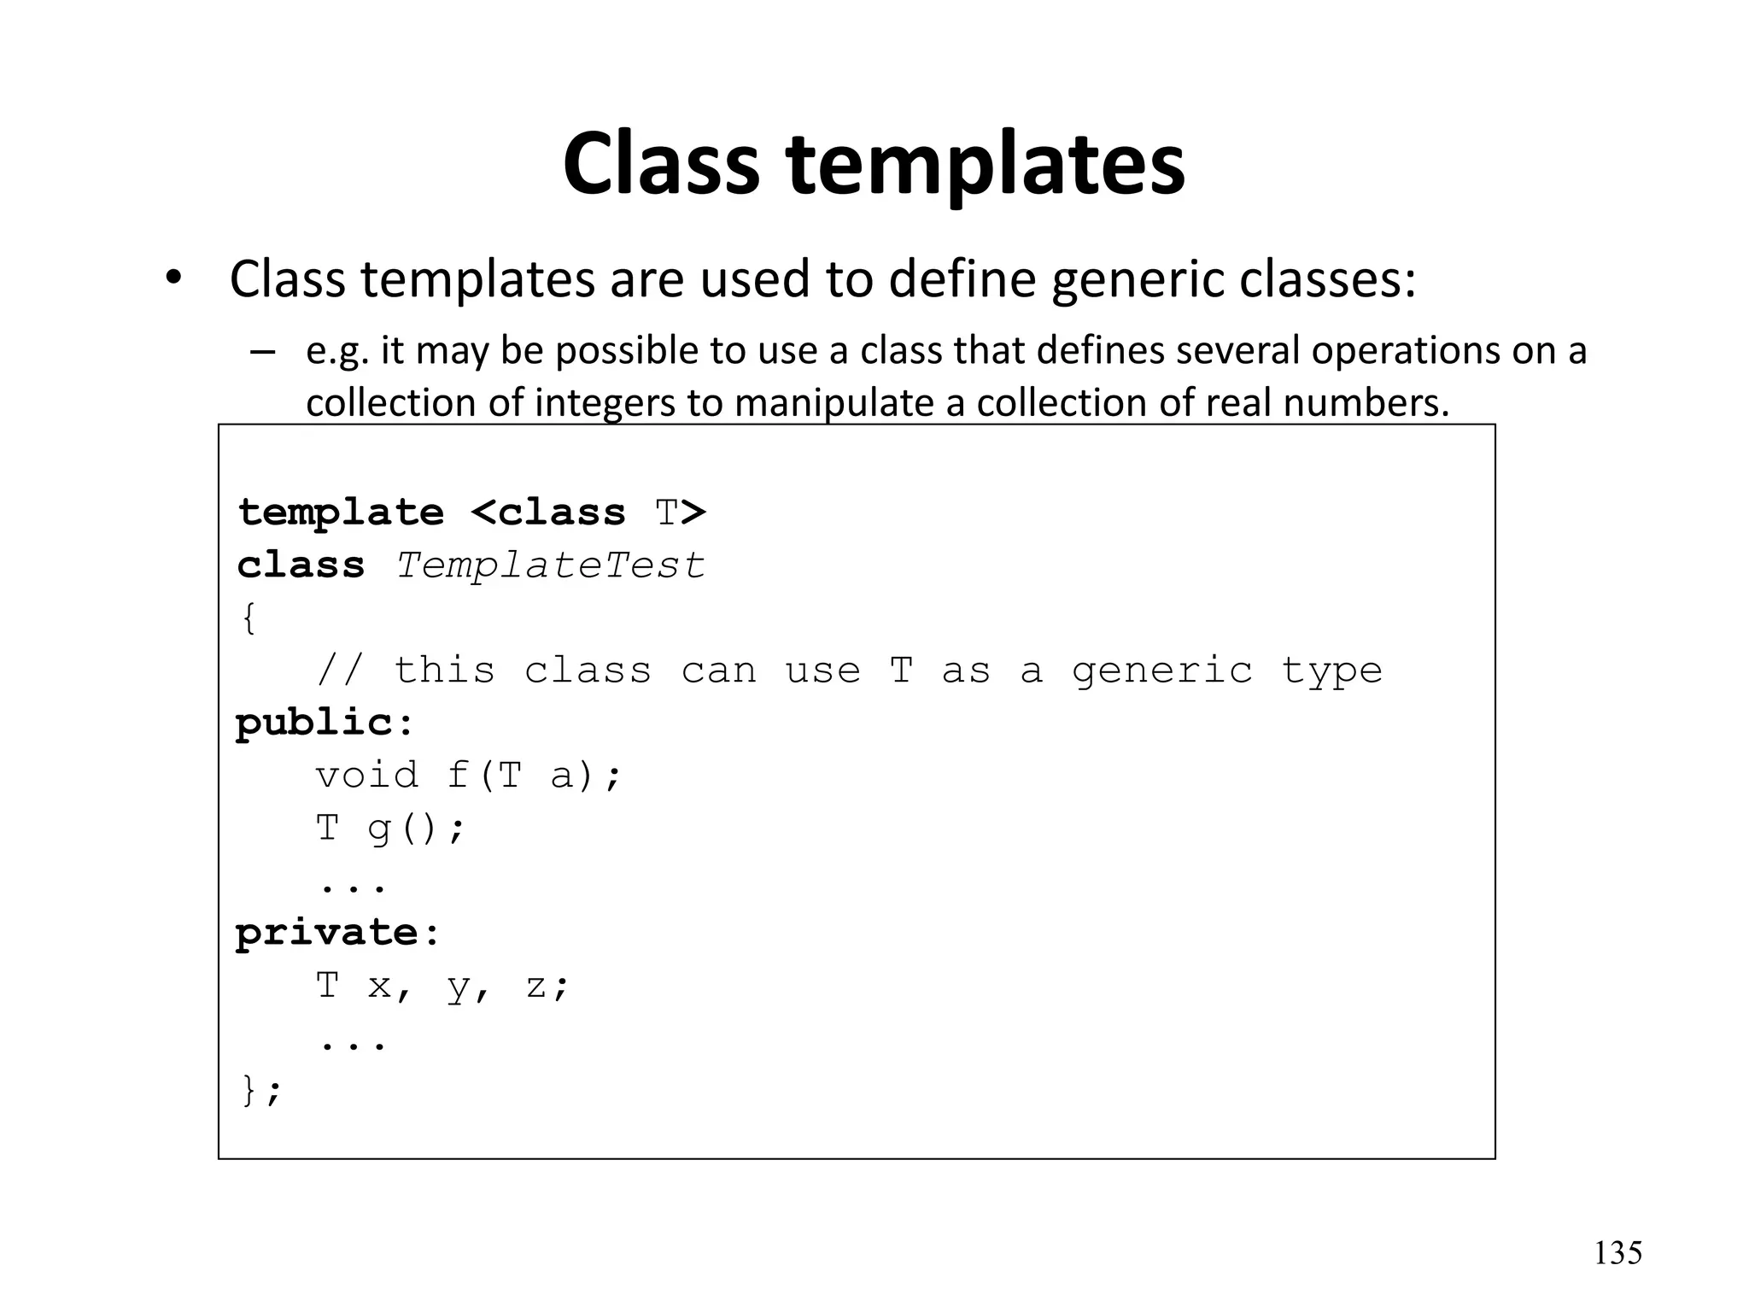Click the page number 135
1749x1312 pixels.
click(x=1617, y=1253)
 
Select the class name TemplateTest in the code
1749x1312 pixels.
click(x=551, y=565)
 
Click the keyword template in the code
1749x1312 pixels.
click(x=341, y=512)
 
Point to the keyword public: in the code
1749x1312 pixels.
click(x=325, y=723)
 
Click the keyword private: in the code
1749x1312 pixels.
click(x=337, y=933)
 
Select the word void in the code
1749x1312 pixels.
click(x=367, y=776)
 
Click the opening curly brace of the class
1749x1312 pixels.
click(x=249, y=618)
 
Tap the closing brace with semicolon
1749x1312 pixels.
click(x=260, y=1091)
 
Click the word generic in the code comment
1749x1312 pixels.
click(x=1161, y=671)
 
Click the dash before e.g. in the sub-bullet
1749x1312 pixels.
click(x=263, y=352)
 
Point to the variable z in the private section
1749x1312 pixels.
click(x=535, y=987)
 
